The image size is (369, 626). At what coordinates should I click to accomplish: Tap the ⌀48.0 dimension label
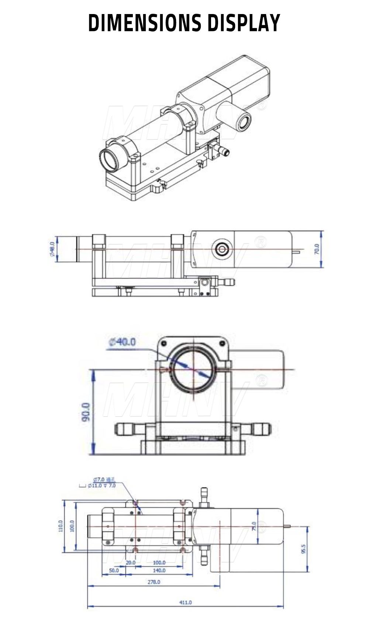pos(52,249)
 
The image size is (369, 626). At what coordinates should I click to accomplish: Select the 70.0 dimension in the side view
pos(316,249)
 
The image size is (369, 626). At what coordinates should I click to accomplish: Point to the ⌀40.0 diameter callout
pos(122,342)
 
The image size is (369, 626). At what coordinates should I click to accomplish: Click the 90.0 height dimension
pos(86,412)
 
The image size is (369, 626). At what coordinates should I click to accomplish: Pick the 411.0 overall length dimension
pos(185,602)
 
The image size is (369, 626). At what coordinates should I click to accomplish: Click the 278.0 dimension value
pos(154,582)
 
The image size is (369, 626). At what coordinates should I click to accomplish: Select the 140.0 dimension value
pos(159,571)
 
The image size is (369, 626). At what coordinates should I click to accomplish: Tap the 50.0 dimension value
pos(114,571)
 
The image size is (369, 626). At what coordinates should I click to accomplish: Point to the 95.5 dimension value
pos(303,549)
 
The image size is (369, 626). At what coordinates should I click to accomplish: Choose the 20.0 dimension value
pos(131,562)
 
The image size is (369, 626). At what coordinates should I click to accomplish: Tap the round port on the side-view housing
pos(222,249)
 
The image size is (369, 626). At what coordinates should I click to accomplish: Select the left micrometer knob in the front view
pos(123,429)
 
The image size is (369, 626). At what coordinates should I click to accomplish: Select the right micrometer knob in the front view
pos(263,429)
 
